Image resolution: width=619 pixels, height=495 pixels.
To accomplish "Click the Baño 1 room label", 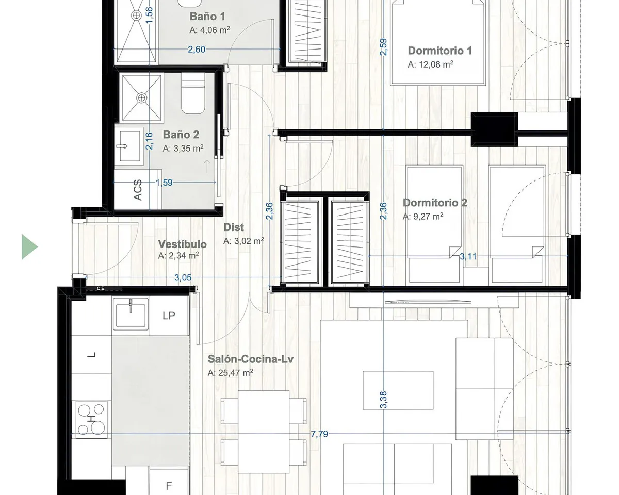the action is [207, 16].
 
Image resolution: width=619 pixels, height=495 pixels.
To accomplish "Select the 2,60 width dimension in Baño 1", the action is [197, 49].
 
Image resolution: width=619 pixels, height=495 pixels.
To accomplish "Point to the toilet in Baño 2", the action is [193, 93].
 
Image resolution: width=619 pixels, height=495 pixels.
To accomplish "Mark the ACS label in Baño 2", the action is [138, 190].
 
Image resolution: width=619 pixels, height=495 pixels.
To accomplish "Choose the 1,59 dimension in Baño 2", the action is [164, 183].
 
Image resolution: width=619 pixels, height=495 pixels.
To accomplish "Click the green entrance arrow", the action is [29, 247].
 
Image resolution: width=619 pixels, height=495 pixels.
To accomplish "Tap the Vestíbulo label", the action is [183, 244].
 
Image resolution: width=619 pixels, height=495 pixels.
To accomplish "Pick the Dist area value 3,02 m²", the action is [249, 241].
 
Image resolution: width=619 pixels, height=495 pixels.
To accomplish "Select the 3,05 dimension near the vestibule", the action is [183, 278].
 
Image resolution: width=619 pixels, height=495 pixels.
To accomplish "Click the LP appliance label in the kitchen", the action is [169, 316].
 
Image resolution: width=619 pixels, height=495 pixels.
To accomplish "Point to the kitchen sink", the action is [131, 314].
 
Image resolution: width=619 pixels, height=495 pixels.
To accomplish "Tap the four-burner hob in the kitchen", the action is [91, 420].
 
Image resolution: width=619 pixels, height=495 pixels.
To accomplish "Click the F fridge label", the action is [169, 486].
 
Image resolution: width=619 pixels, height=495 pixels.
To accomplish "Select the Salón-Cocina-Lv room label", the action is [251, 359].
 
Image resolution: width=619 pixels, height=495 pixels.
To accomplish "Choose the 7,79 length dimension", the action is [319, 434].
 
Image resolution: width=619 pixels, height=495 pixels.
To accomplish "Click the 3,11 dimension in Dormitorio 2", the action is [468, 256].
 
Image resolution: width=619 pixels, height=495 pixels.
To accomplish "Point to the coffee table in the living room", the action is [398, 390].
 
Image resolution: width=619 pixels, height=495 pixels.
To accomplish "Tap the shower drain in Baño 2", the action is [141, 98].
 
